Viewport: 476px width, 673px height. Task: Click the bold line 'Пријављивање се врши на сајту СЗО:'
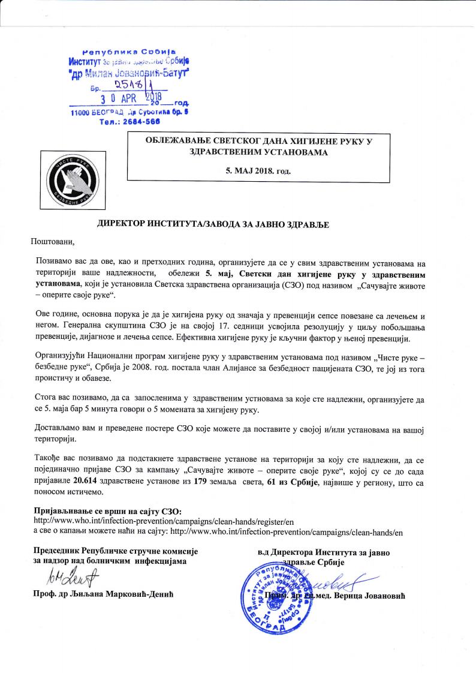107,510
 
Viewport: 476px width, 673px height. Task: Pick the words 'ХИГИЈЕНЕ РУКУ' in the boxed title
314,140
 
